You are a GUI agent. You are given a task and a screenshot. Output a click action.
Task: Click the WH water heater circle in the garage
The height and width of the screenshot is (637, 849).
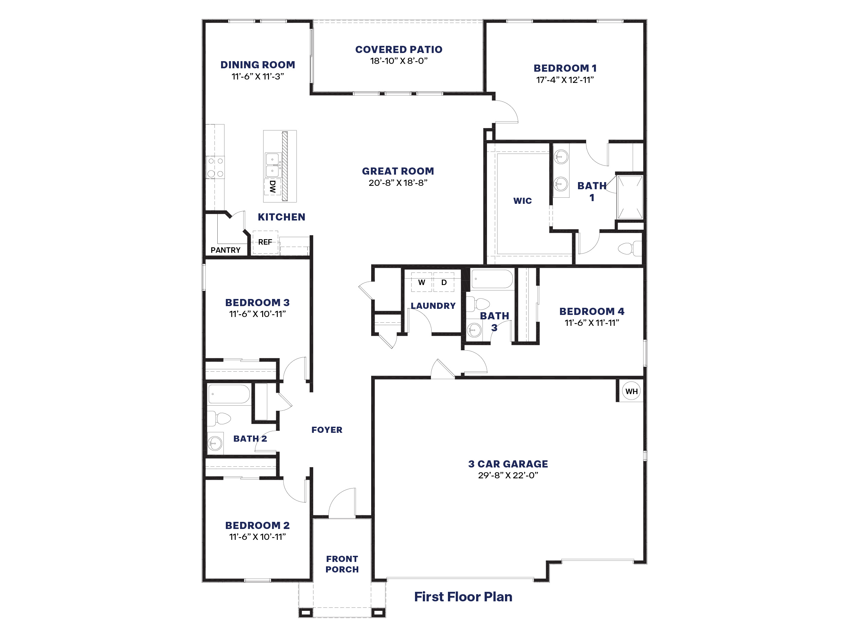tap(631, 391)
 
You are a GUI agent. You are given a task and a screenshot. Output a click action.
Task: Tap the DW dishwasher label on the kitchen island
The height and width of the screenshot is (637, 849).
tap(272, 187)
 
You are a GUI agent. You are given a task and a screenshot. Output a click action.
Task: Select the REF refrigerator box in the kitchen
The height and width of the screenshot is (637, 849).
tap(265, 242)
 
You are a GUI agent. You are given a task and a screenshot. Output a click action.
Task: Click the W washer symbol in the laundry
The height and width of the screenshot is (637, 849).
tap(421, 283)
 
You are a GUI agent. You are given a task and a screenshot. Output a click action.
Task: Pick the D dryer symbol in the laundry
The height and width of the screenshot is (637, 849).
tap(444, 283)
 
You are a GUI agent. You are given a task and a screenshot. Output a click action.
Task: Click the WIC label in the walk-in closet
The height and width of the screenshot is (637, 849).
tap(522, 201)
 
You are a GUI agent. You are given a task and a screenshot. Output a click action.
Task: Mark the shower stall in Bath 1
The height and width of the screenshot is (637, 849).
tap(630, 197)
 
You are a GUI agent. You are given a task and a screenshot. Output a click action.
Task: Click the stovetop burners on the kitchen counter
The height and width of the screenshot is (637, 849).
tap(215, 167)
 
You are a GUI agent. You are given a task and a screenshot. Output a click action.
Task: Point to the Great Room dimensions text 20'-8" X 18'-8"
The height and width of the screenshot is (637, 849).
tap(398, 183)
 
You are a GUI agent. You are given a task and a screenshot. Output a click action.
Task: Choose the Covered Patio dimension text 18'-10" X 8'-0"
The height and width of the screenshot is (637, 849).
tap(399, 61)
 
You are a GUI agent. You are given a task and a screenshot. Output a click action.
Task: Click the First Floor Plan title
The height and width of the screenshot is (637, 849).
tap(463, 597)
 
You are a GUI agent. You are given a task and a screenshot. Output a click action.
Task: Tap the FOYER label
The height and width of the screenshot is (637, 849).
tap(327, 430)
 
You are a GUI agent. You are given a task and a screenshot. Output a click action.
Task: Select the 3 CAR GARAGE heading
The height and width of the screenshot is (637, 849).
tap(508, 464)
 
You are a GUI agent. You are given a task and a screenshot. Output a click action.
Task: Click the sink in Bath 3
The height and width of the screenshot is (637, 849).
tap(474, 330)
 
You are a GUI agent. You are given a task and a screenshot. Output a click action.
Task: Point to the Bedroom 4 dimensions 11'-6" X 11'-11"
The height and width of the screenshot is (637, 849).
tap(592, 323)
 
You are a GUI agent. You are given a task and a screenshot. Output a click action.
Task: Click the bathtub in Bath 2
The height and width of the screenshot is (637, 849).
tap(229, 394)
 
